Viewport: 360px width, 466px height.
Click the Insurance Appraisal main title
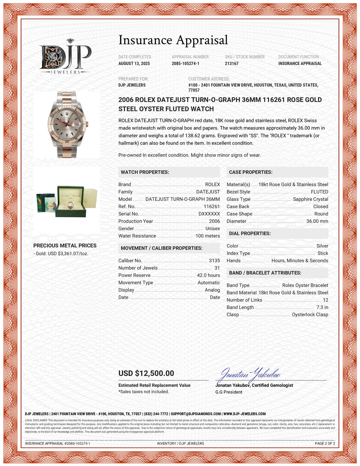pyautogui.click(x=173, y=40)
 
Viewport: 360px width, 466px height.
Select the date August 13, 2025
pyautogui.click(x=134, y=63)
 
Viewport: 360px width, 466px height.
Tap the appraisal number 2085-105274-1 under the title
pyautogui.click(x=185, y=63)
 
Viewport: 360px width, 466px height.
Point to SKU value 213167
pyautogui.click(x=231, y=63)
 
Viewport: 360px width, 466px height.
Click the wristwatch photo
pyautogui.click(x=67, y=124)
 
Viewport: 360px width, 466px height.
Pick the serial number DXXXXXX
pyautogui.click(x=209, y=214)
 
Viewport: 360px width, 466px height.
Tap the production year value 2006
pyautogui.click(x=214, y=221)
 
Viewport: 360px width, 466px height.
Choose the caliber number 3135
pyautogui.click(x=214, y=260)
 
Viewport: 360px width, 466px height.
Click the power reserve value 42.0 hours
pyautogui.click(x=208, y=275)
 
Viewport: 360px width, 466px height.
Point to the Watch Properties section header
pyautogui.click(x=145, y=172)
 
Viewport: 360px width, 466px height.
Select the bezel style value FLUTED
pyautogui.click(x=319, y=192)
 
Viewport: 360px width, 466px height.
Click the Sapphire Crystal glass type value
pyautogui.click(x=310, y=199)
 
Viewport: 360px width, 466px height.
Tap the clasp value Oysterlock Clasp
pyautogui.click(x=310, y=314)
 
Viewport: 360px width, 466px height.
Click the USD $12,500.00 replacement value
pyautogui.click(x=146, y=373)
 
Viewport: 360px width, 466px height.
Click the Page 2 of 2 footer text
pyautogui.click(x=325, y=443)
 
